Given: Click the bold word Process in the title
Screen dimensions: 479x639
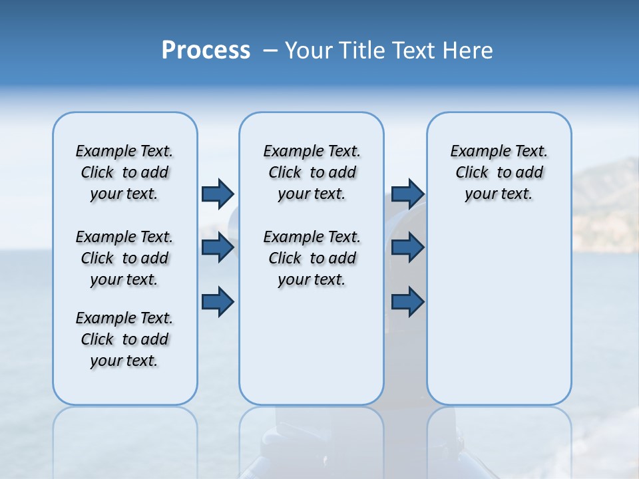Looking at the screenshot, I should pos(206,51).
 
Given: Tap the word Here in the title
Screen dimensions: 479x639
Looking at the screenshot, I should pos(467,51).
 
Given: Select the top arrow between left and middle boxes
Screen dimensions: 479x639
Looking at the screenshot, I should pos(218,194).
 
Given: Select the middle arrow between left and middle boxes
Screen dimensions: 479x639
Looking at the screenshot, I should pos(218,247).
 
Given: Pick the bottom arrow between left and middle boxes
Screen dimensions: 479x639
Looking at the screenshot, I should pos(218,301).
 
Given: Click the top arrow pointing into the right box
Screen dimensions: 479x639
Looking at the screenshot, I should pos(408,194).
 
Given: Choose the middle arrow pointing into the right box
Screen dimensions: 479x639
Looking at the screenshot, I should pos(408,247).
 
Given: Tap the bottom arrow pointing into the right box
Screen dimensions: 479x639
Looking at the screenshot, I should pos(408,301).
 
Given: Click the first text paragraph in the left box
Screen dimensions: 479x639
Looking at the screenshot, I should pos(124,172).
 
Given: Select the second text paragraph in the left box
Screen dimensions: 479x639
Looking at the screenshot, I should pos(124,258).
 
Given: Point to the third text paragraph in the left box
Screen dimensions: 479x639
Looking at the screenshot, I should pos(124,339).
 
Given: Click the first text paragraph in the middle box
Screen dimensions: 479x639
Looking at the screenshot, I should pos(312,172).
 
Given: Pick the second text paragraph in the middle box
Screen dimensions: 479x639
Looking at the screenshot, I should pos(312,258).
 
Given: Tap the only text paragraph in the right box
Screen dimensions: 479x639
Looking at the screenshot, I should pos(499,172).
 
